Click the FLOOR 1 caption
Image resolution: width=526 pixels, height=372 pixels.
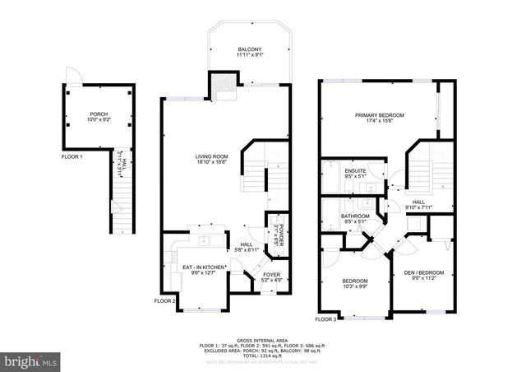pyautogui.click(x=73, y=156)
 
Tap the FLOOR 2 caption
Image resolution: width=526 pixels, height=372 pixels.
pyautogui.click(x=165, y=301)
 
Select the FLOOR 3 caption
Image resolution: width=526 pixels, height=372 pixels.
pyautogui.click(x=325, y=319)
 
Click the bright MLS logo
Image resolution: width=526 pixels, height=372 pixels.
pyautogui.click(x=31, y=360)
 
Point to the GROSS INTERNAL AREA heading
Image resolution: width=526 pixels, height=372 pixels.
pyautogui.click(x=262, y=339)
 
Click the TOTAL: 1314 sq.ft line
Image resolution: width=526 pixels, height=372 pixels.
pyautogui.click(x=262, y=355)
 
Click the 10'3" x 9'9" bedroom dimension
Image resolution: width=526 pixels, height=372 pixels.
pyautogui.click(x=355, y=286)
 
